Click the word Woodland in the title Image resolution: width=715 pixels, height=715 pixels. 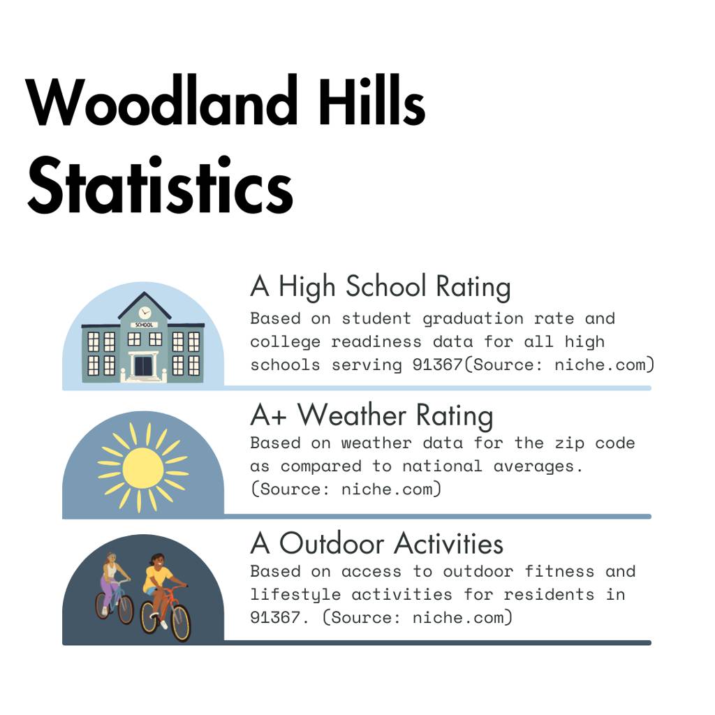pos(162,101)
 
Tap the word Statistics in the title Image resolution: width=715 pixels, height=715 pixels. pos(160,185)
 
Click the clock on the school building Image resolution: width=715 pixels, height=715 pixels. pos(145,313)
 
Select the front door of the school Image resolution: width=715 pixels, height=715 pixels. pos(143,366)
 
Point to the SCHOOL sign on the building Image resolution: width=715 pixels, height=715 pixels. pos(145,325)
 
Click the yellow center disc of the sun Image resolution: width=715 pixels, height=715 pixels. pos(142,467)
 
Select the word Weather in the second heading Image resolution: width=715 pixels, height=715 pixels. pos(352,415)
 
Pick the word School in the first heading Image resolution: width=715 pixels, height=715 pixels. pos(385,286)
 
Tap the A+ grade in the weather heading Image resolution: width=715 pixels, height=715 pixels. pos(269,415)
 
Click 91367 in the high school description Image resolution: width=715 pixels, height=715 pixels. pos(437,364)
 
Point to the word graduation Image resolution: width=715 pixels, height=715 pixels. pos(473,318)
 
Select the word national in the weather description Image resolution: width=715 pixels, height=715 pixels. pos(442,466)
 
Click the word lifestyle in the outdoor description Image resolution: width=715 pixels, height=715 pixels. pos(295,595)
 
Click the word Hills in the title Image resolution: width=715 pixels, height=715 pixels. pos(371,101)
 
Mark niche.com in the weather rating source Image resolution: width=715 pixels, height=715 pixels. pos(391,489)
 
